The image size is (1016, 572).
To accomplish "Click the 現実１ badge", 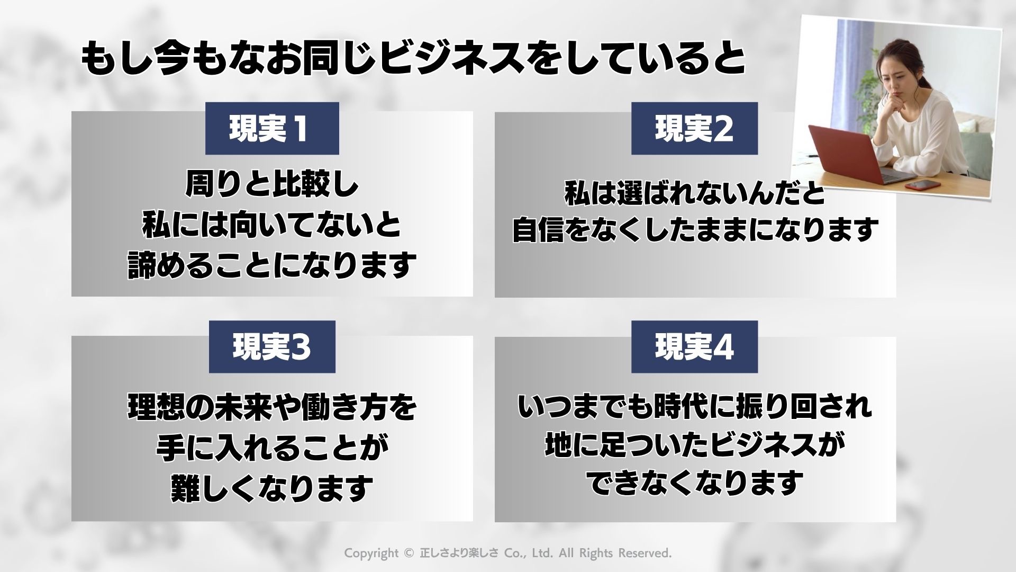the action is (x=271, y=129).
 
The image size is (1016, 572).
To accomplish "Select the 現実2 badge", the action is (x=694, y=129).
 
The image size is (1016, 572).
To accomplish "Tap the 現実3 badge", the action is (x=272, y=347).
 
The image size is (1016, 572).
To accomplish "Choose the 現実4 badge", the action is (x=694, y=347).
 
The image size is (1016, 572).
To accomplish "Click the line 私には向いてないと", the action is (x=272, y=225).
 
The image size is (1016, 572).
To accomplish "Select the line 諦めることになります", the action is (x=272, y=265).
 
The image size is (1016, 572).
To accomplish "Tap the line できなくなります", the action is (x=694, y=482).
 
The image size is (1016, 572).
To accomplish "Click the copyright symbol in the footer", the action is (x=407, y=553).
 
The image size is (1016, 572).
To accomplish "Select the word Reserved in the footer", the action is (x=645, y=553).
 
